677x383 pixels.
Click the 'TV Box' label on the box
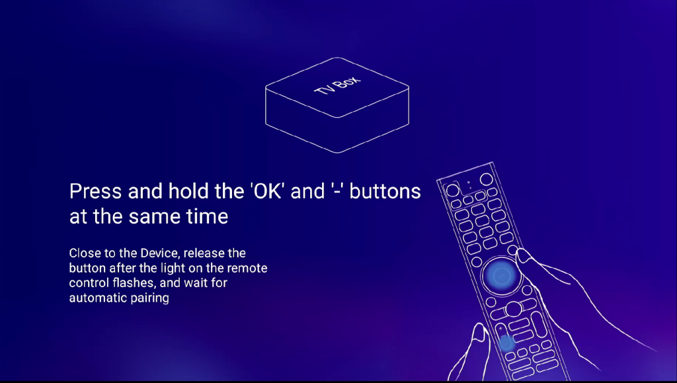337,85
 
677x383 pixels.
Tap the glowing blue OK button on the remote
501,275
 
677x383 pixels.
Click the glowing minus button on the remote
506,343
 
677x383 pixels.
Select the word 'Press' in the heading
95,191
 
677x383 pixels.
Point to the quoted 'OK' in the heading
267,191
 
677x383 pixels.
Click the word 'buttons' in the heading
385,191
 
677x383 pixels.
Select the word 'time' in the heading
207,216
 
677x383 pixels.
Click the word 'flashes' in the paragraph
134,283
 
